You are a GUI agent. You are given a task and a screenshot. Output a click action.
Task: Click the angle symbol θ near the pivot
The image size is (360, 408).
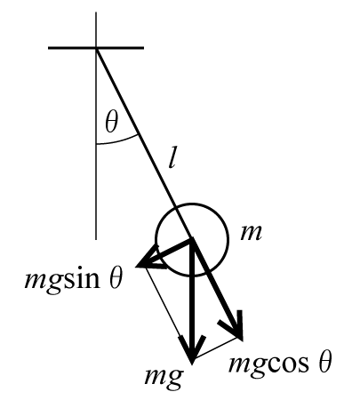point(111,122)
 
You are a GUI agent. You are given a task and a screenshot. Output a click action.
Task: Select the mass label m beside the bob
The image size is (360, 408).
point(252,233)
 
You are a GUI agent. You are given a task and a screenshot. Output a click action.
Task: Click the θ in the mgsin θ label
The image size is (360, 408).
point(116,278)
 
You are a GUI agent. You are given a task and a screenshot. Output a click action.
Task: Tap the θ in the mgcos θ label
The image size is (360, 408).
point(324,362)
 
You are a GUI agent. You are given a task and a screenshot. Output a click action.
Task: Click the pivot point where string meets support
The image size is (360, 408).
point(96,48)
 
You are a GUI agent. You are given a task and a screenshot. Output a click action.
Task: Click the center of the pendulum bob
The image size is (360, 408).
point(192,239)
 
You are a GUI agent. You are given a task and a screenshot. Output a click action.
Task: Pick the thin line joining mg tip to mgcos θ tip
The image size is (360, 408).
point(218,349)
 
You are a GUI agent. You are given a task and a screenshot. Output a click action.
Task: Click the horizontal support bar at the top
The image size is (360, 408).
point(96,48)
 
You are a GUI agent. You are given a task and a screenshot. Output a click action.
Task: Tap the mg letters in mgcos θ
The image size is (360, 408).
point(247,365)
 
